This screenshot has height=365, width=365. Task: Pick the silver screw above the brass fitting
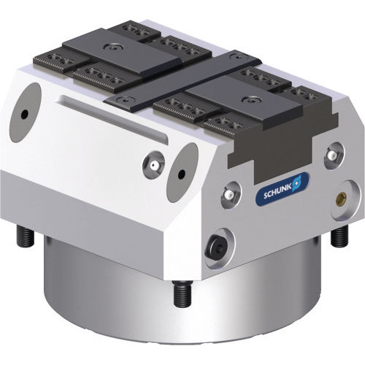pyautogui.click(x=333, y=155)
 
